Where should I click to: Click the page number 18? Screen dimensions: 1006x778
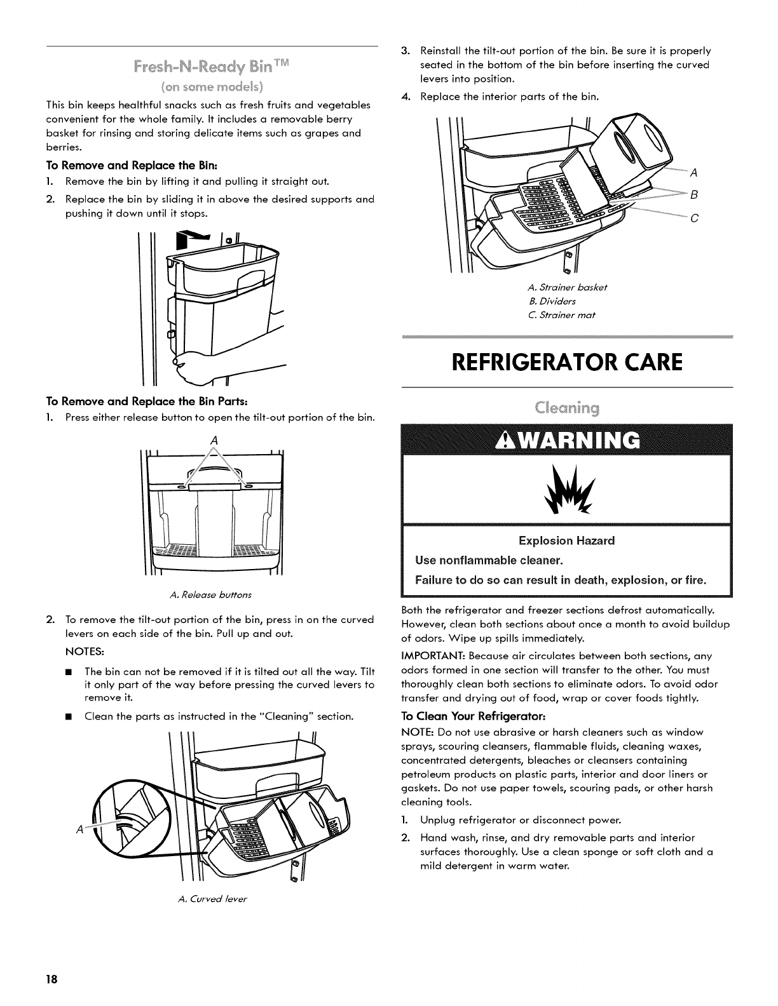pyautogui.click(x=52, y=979)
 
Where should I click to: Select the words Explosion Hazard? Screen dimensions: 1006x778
pyautogui.click(x=568, y=541)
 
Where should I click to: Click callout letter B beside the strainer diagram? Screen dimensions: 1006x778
pyautogui.click(x=694, y=194)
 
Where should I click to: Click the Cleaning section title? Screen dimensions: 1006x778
pyautogui.click(x=568, y=407)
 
